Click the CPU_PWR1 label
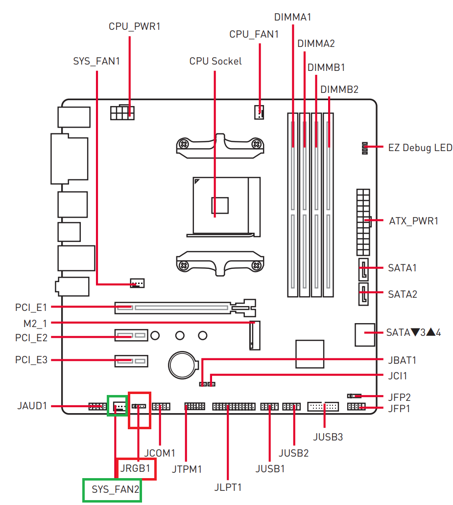(x=135, y=26)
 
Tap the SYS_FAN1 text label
(x=96, y=61)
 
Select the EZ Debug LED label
(x=420, y=148)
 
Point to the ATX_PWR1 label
(x=414, y=221)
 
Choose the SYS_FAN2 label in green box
(x=115, y=489)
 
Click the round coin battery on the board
(x=183, y=365)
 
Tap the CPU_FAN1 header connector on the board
(x=259, y=112)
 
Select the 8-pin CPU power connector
(x=122, y=112)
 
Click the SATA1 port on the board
(x=363, y=269)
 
